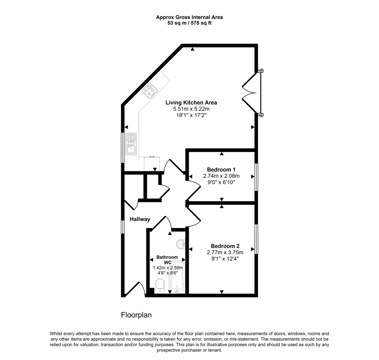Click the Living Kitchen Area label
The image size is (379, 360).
point(191,103)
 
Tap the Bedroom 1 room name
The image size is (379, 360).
point(221,170)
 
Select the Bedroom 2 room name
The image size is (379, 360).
point(225,246)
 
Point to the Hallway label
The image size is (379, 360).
point(140,219)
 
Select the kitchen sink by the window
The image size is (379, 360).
point(131,144)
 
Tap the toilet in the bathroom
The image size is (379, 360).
point(160,286)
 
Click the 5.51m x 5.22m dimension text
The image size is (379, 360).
point(191,109)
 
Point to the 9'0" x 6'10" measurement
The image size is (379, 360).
point(221,182)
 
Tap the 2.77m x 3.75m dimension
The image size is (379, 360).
point(225,252)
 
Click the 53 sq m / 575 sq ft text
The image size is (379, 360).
point(189,23)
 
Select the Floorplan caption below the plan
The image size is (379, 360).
point(136,315)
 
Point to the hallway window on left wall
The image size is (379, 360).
point(123,227)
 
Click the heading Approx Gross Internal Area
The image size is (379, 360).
point(189,17)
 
